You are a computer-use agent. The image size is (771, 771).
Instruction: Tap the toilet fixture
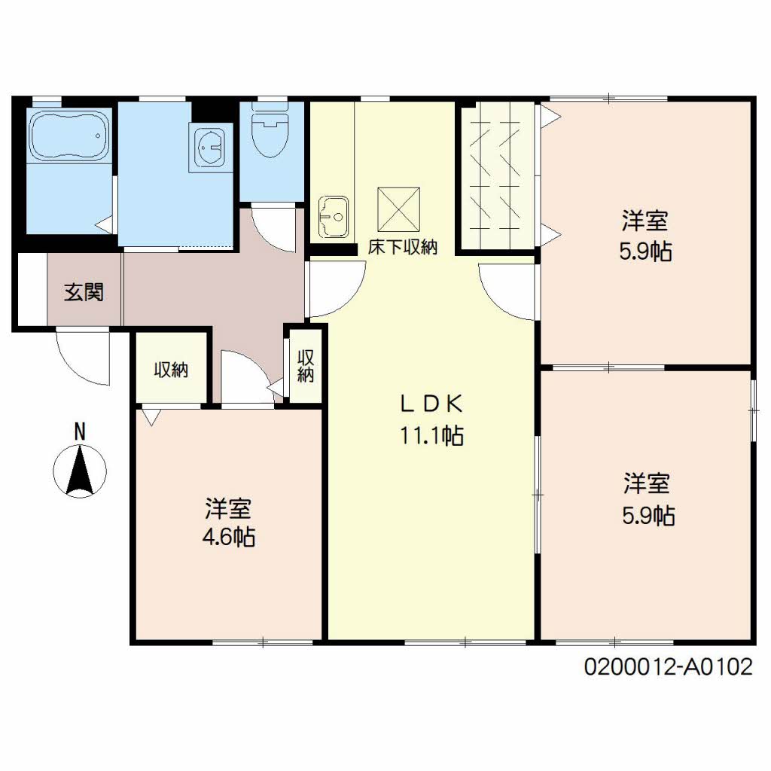[271, 130]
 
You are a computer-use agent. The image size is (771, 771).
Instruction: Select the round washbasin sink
[211, 147]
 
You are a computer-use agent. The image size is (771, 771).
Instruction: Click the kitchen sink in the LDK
[334, 216]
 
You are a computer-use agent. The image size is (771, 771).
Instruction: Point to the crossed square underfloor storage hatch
[398, 209]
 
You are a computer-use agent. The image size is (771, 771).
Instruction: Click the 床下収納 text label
[402, 247]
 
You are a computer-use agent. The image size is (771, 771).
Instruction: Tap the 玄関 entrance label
[84, 292]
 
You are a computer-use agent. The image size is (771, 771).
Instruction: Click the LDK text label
[431, 404]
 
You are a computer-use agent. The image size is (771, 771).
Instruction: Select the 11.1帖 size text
[431, 435]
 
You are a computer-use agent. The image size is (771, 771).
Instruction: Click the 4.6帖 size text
[229, 536]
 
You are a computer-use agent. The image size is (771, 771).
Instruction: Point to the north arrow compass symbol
[80, 471]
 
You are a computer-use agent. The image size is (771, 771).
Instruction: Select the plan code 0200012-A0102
[668, 667]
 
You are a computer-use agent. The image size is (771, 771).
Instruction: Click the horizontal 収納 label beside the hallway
[171, 369]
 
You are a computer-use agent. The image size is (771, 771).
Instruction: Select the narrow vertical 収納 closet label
[306, 366]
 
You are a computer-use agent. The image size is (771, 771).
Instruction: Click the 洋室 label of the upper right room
[645, 221]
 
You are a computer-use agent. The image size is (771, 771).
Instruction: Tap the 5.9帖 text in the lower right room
[648, 516]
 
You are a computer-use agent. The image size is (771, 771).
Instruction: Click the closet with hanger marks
[497, 176]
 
